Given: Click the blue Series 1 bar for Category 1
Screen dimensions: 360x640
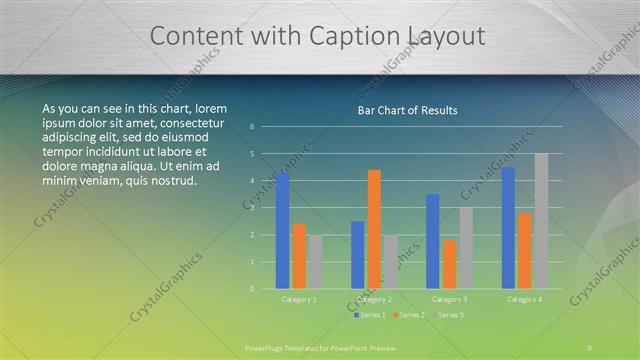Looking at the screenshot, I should (x=283, y=230).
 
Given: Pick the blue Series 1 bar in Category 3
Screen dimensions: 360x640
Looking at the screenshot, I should (x=433, y=241).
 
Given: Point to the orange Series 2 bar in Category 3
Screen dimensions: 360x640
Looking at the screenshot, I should (x=450, y=264).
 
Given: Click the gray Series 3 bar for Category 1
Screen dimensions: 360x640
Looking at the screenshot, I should (x=315, y=262).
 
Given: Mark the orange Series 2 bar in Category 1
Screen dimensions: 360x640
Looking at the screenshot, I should (x=299, y=255).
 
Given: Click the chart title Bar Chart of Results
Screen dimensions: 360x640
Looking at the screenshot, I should (x=408, y=110).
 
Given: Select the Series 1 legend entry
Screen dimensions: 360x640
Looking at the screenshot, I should (x=370, y=315).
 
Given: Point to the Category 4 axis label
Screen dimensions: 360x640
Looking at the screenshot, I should (x=524, y=299).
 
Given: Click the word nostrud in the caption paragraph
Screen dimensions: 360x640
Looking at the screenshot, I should (x=175, y=181).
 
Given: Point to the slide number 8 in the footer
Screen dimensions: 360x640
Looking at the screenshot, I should (x=590, y=347).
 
